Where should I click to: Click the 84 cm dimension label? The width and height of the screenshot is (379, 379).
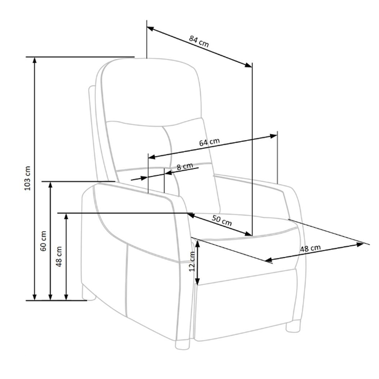[x=199, y=41]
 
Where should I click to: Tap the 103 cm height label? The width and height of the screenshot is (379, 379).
[x=28, y=178]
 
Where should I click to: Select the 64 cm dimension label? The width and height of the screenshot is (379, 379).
[x=210, y=142]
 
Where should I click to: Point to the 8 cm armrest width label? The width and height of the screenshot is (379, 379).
[x=185, y=166]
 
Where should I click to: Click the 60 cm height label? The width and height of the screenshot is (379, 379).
[x=43, y=241]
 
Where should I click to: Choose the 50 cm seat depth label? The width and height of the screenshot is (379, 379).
[x=222, y=220]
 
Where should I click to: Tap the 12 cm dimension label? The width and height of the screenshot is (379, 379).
[x=192, y=262]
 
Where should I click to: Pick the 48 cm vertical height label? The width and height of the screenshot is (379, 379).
[x=59, y=257]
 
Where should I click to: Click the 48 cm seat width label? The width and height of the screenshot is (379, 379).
[x=310, y=248]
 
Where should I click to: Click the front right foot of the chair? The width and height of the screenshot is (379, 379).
[x=293, y=326]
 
